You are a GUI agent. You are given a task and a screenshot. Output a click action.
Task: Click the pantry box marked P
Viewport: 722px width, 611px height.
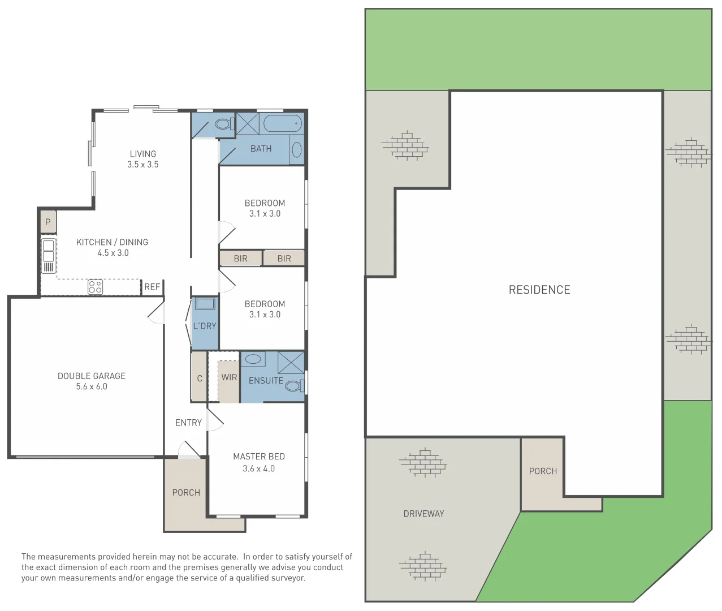(x=48, y=222)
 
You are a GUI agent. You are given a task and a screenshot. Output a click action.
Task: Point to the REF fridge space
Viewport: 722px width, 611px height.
(x=152, y=287)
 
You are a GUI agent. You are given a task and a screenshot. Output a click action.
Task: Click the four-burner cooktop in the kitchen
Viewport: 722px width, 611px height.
(x=95, y=287)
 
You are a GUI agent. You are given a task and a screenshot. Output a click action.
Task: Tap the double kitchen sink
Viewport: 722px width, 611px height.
(x=49, y=251)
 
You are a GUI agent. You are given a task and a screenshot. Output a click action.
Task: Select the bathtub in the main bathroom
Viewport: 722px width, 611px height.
(x=283, y=123)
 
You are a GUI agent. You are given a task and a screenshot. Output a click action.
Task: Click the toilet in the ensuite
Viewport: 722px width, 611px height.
(x=293, y=386)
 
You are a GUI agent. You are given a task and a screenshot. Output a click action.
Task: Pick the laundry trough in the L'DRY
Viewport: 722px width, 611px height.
(x=205, y=304)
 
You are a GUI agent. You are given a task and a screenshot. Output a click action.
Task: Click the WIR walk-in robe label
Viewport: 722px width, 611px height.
(x=229, y=377)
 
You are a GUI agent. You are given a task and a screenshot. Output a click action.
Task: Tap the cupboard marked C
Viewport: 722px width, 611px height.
(x=199, y=378)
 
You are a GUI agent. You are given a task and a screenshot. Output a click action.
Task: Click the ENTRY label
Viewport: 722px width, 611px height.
(x=188, y=423)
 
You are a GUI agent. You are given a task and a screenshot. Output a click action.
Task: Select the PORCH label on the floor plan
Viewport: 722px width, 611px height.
(x=186, y=493)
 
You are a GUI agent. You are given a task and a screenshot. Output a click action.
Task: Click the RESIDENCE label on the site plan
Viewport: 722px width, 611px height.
(x=539, y=290)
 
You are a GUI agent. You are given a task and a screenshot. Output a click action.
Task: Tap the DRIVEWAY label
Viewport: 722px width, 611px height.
(x=423, y=514)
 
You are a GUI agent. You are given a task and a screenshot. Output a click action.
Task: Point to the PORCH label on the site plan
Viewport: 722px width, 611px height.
(x=543, y=471)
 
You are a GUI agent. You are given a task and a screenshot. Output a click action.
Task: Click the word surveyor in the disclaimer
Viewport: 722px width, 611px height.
(x=287, y=578)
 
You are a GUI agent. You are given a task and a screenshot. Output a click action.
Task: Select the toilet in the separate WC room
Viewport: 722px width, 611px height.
(x=223, y=123)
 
